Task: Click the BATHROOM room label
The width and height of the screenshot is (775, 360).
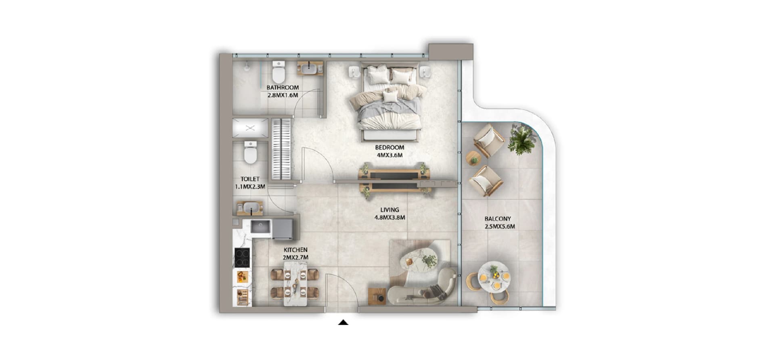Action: click(x=283, y=88)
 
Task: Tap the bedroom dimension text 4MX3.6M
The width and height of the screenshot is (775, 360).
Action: click(x=390, y=155)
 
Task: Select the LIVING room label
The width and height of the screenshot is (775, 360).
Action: click(x=390, y=210)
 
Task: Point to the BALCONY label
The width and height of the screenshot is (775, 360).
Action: click(x=498, y=219)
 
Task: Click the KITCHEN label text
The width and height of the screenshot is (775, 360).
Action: click(x=295, y=250)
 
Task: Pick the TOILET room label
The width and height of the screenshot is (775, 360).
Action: click(x=250, y=179)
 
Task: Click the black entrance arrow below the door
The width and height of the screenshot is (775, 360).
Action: click(x=343, y=322)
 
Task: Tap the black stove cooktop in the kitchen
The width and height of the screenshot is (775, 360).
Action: click(x=242, y=257)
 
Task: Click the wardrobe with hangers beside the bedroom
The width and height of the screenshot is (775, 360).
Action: click(x=281, y=149)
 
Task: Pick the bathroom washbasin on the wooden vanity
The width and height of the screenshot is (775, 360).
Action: click(x=310, y=69)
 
